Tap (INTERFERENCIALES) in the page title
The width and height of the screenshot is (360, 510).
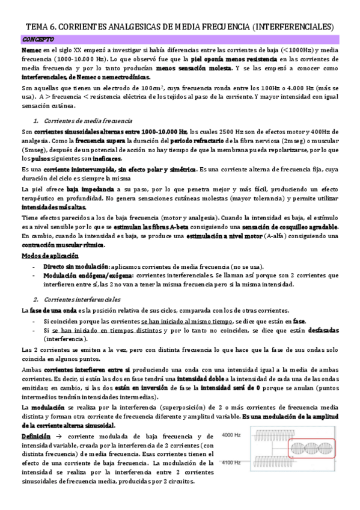(x=293, y=26)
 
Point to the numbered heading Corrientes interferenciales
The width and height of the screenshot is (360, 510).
(x=85, y=299)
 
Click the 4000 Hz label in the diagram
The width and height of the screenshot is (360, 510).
(x=231, y=435)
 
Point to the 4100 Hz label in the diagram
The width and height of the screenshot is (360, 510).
(x=231, y=462)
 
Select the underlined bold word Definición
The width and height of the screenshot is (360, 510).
(x=36, y=435)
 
